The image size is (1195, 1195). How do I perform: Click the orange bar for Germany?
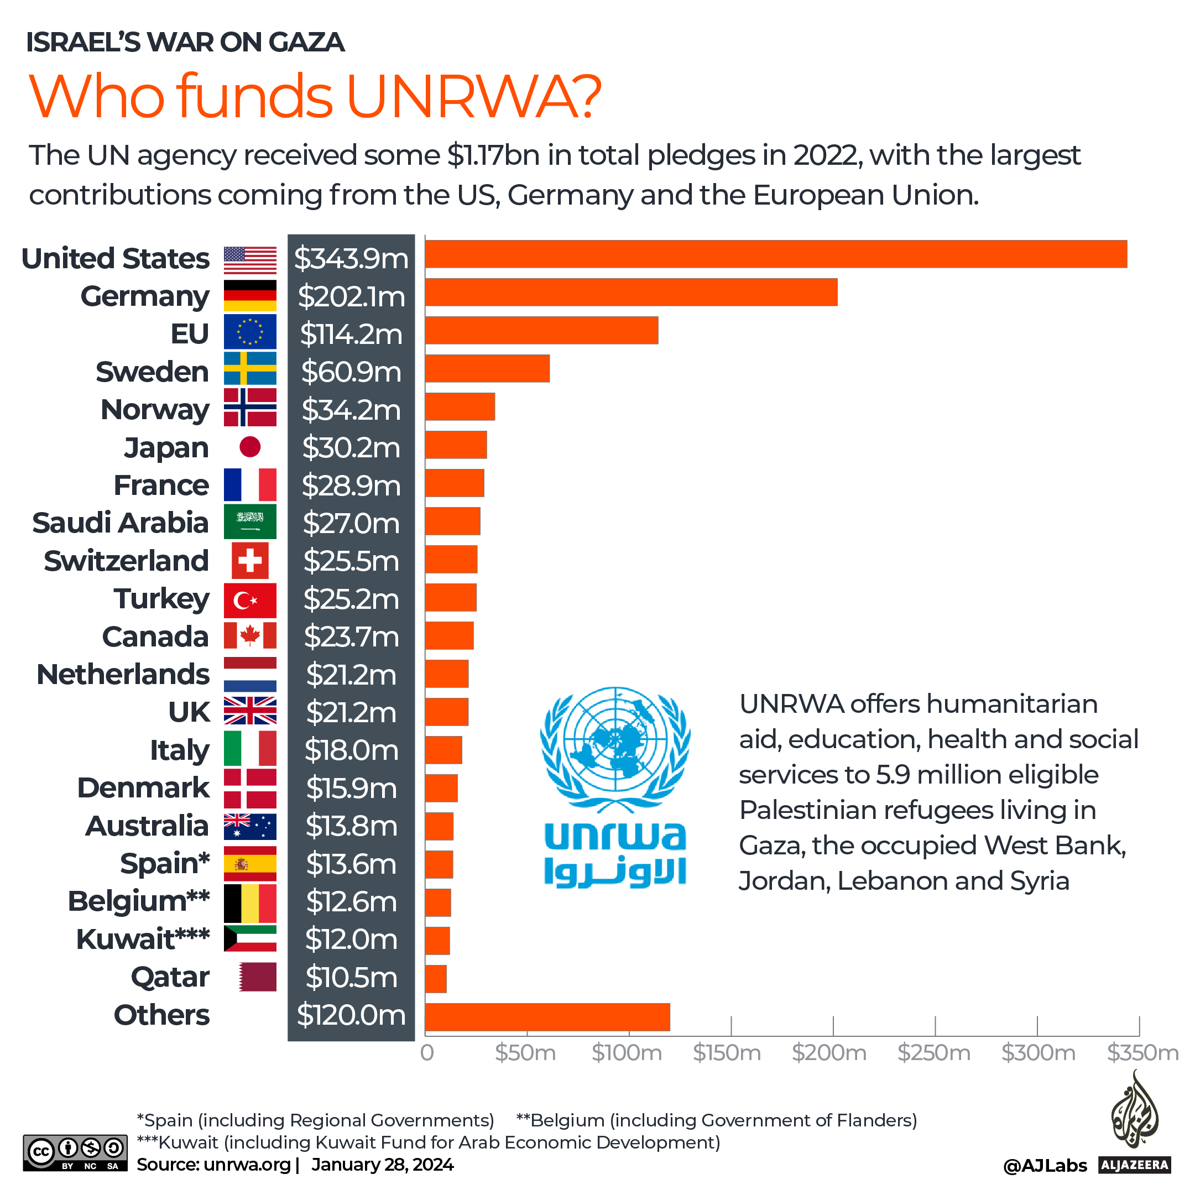tap(631, 292)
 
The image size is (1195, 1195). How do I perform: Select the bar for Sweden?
tap(487, 368)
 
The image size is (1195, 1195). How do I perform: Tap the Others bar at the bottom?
tap(547, 1017)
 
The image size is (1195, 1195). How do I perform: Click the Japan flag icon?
tap(250, 447)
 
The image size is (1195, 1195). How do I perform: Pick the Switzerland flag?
tap(250, 560)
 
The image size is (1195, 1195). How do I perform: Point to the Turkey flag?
tap(250, 600)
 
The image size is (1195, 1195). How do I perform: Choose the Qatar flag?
tap(257, 977)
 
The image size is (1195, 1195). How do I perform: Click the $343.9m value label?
tap(351, 259)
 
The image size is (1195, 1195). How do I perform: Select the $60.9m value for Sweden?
tap(351, 372)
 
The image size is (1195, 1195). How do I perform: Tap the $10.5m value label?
tap(351, 977)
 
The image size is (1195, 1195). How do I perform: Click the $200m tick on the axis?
tap(829, 1053)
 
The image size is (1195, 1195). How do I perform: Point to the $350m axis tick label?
tap(1142, 1053)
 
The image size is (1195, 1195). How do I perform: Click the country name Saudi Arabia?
tap(120, 523)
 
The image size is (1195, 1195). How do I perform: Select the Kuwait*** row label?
tap(142, 939)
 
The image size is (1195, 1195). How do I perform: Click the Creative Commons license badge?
tap(75, 1152)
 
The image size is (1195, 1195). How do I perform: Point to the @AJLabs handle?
tap(1045, 1166)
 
